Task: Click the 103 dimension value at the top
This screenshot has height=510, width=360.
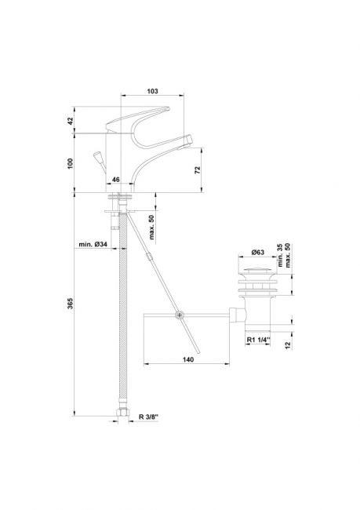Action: point(152,91)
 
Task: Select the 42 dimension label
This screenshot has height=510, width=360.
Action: point(71,121)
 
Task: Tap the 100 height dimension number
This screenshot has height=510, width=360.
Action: point(71,163)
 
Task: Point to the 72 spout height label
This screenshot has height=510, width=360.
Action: point(198,169)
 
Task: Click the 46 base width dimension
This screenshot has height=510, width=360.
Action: point(116,180)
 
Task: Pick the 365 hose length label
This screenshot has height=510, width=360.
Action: point(71,303)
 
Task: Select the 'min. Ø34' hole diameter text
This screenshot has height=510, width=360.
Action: point(93,244)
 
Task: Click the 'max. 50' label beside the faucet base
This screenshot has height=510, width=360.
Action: point(152,227)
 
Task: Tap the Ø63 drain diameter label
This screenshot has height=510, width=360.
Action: point(258,252)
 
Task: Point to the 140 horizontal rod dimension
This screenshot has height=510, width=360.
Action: point(188,359)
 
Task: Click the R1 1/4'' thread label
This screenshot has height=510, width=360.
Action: point(259,340)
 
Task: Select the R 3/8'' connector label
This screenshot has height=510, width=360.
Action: point(148,417)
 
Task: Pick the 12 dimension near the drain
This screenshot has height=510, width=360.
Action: point(288,345)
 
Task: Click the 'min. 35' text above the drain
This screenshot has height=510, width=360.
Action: point(281,256)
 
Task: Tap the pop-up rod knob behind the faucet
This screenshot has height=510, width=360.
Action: point(97,156)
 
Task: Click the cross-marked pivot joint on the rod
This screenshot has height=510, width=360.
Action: point(179,315)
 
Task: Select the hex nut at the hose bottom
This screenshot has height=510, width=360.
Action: point(123,412)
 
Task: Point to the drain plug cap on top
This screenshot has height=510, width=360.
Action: point(257,270)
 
